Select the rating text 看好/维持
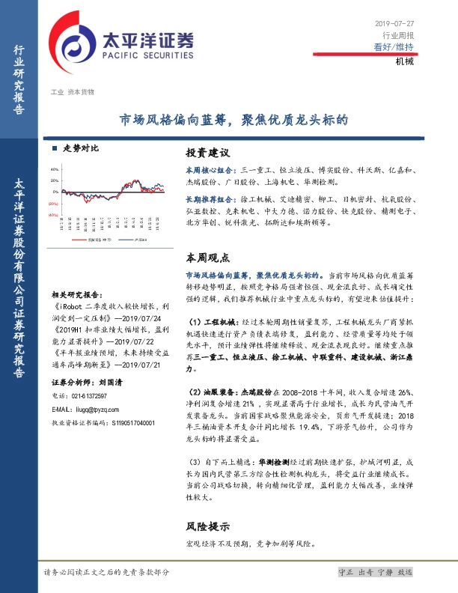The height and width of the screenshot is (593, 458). pos(394,47)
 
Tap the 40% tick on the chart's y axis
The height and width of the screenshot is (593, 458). pos(54,169)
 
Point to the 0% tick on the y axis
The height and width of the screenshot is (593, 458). pos(55,192)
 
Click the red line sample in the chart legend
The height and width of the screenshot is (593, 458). pos(75,240)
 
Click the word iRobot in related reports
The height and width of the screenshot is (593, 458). pos(70,306)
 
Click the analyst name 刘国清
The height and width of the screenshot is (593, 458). pos(112,381)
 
